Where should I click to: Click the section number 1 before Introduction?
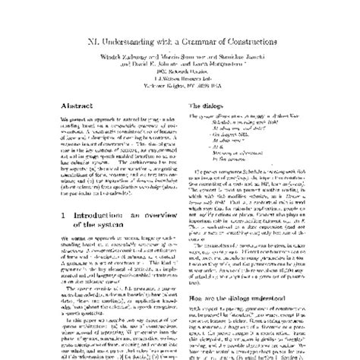(43, 194)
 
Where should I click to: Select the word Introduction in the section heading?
(84, 194)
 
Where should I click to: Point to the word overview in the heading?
(145, 194)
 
